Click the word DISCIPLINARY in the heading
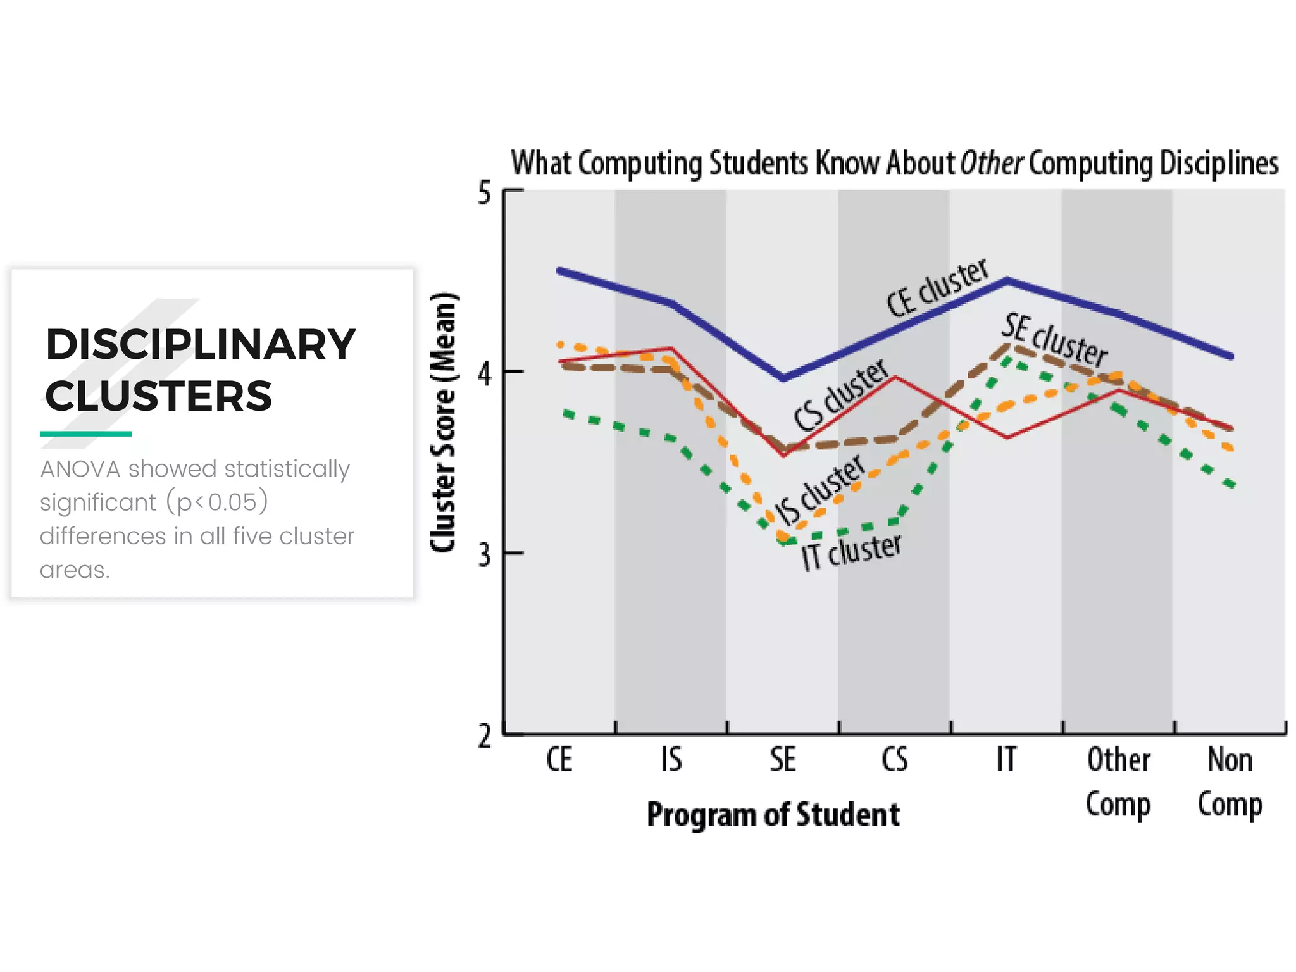click(201, 345)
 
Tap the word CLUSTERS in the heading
click(158, 397)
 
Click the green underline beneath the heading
click(85, 433)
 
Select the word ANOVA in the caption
click(80, 469)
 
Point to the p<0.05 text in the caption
click(217, 502)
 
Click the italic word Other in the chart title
click(990, 163)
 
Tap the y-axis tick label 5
click(484, 193)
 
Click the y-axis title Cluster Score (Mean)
click(443, 422)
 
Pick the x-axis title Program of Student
click(773, 815)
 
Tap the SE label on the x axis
click(783, 759)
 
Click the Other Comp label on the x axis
click(1118, 782)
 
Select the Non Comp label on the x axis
click(1230, 782)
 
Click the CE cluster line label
click(937, 288)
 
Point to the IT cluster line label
click(851, 551)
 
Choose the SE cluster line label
click(1054, 340)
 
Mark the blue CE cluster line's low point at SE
click(783, 378)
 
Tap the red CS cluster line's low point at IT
click(1006, 437)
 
